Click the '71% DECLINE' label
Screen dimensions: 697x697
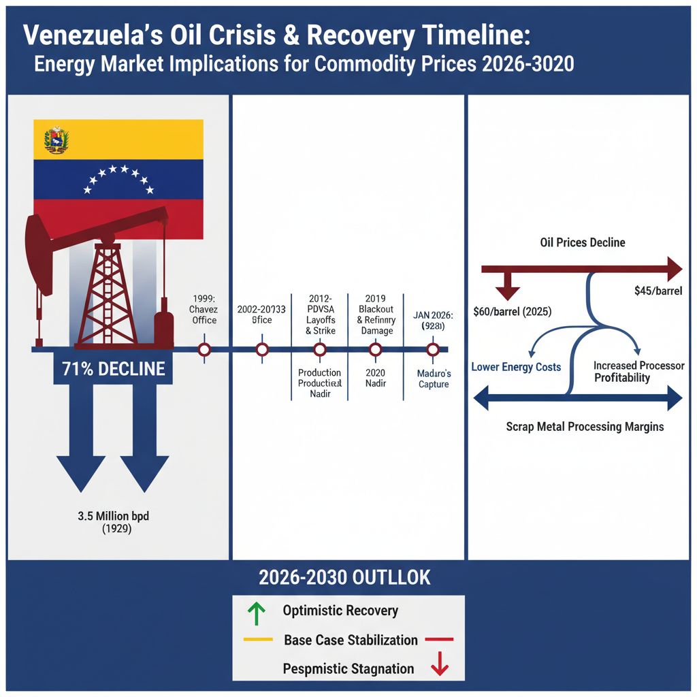(114, 369)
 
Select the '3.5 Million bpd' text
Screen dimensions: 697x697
(113, 516)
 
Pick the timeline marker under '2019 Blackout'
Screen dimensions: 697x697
(374, 350)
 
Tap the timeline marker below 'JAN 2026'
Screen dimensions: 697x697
(432, 350)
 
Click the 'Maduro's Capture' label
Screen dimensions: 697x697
(434, 379)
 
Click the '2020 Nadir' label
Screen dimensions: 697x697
(376, 378)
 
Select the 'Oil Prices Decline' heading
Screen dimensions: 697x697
(582, 242)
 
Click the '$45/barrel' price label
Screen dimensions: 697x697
(658, 291)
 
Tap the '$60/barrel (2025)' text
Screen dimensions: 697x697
(513, 312)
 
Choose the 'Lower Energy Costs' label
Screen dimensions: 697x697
(516, 367)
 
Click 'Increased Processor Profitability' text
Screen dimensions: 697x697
(638, 372)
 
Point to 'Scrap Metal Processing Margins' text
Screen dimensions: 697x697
(585, 427)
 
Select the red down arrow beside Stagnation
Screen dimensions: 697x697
(440, 663)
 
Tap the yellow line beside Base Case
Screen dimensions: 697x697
(258, 640)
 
